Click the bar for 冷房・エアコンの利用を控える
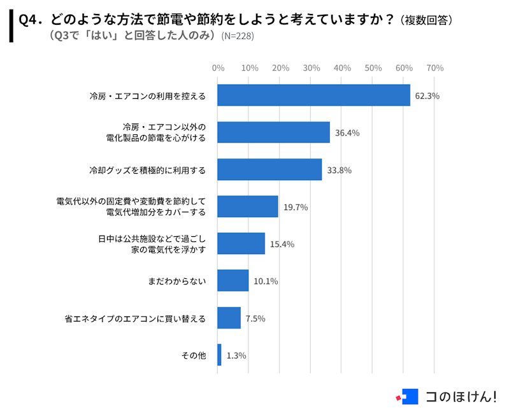coord(313,95)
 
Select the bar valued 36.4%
coord(273,132)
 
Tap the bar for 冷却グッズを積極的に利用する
coord(269,170)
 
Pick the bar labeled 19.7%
coord(248,206)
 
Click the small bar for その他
coord(219,355)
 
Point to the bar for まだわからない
coord(233,281)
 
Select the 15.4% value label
coord(282,244)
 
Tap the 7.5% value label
coord(255,318)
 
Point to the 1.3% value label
coord(236,355)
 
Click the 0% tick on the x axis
coord(218,67)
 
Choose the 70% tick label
coord(434,67)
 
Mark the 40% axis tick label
coord(342,67)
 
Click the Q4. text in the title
coord(31,20)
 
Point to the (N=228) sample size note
coord(237,36)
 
